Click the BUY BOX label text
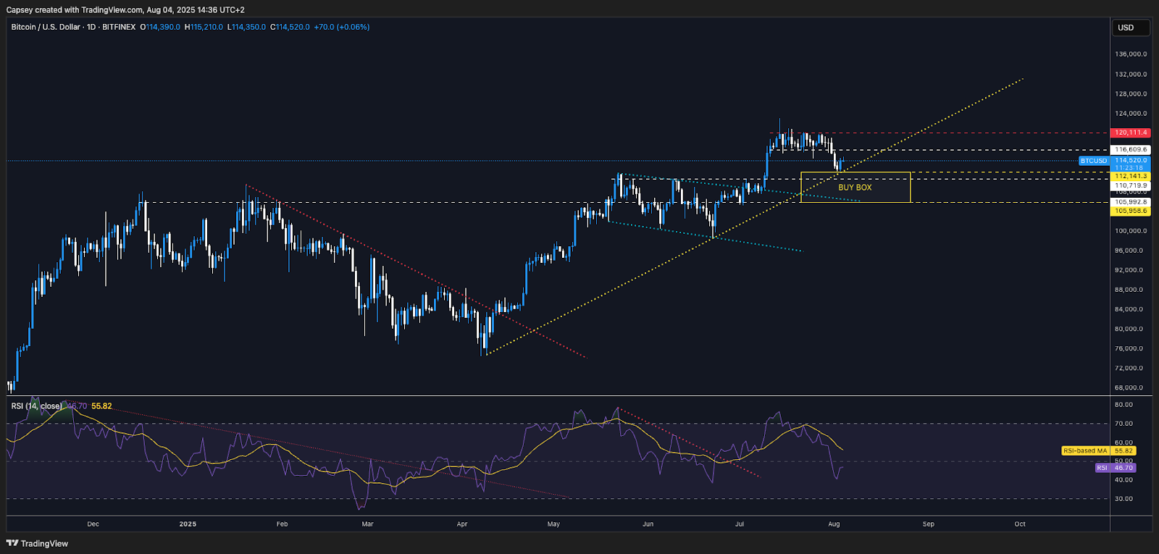click(855, 188)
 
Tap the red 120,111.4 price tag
click(1130, 133)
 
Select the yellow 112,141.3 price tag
click(1130, 176)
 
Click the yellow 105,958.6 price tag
click(1130, 211)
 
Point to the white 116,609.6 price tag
click(1130, 150)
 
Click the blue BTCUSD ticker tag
click(1094, 161)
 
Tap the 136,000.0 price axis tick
click(1130, 54)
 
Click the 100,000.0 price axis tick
click(1130, 231)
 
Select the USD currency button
click(1126, 28)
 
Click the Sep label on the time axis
click(928, 524)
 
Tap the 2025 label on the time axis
click(188, 524)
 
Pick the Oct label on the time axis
click(1020, 524)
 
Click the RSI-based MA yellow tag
click(1085, 450)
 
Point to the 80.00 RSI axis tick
click(1124, 405)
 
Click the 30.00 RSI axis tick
click(1124, 498)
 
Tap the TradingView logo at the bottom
click(38, 543)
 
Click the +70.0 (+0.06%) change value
click(341, 27)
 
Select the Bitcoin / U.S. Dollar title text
click(46, 27)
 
